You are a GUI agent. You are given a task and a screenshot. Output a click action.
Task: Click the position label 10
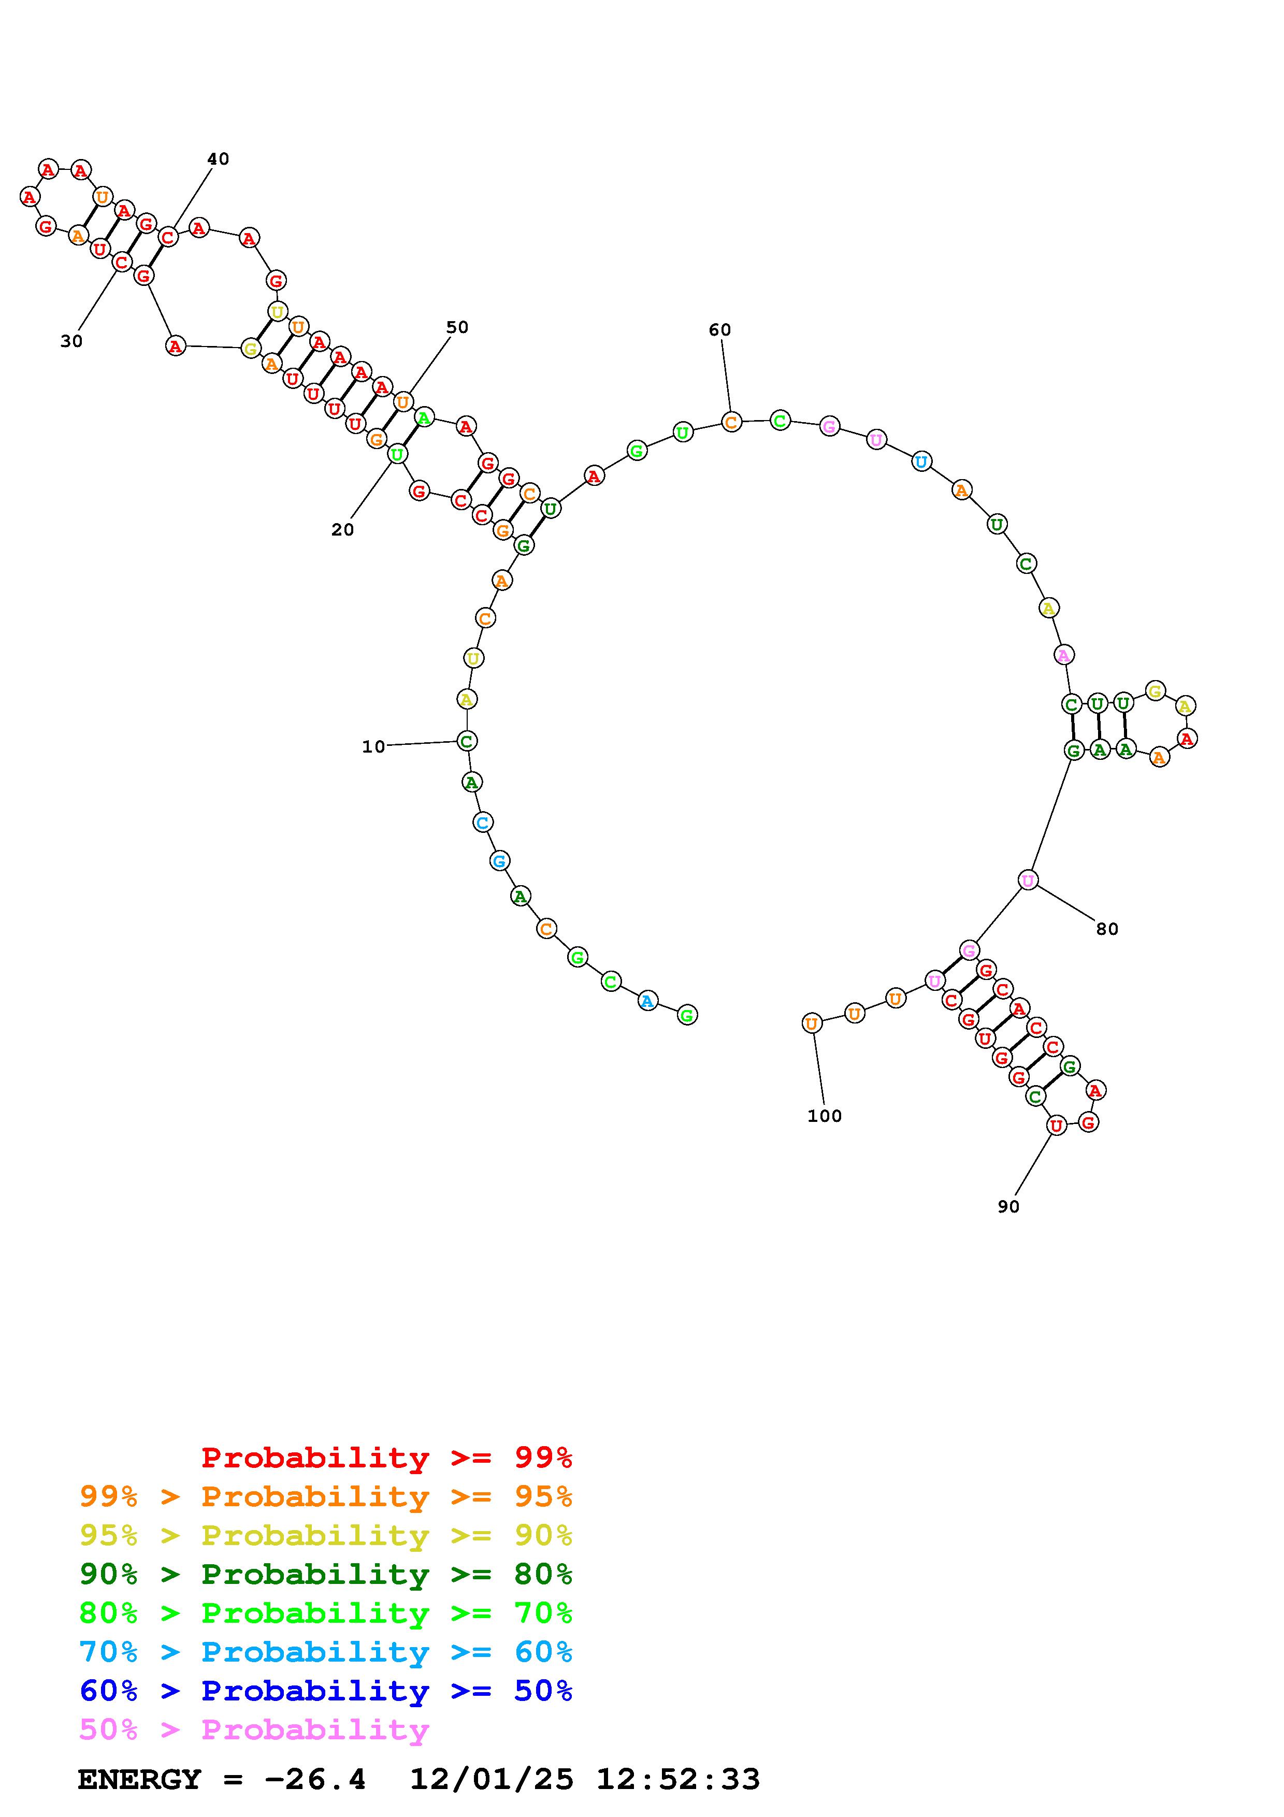pos(373,746)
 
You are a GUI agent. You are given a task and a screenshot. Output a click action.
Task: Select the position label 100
pos(825,1116)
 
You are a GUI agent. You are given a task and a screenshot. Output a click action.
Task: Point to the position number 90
pos(1008,1207)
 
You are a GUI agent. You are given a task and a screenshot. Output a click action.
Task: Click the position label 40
pos(219,159)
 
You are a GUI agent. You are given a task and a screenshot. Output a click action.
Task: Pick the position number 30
pos(71,341)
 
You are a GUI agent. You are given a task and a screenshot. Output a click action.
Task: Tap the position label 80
pos(1107,929)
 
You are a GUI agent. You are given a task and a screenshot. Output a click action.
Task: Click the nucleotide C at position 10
pos(467,741)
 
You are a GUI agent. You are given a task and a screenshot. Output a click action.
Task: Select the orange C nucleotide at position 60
pos(731,422)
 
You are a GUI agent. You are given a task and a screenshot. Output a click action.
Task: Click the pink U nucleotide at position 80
pos(1028,879)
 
